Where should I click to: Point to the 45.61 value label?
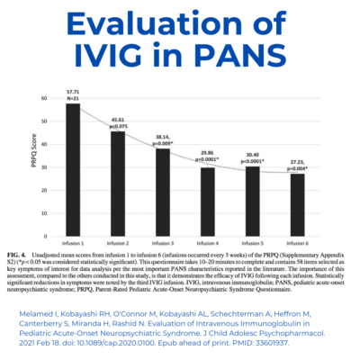(x=117, y=119)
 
